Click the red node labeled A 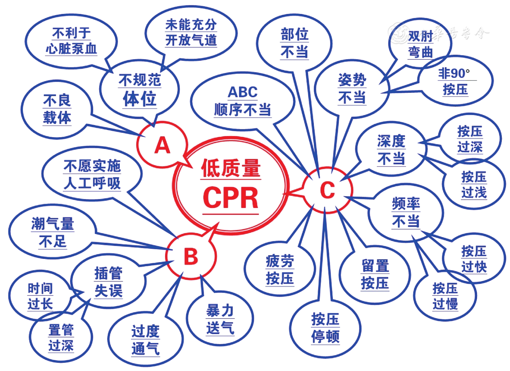[x=162, y=145]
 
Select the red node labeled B [x=191, y=256]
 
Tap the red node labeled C [x=327, y=190]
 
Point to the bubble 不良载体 [x=57, y=109]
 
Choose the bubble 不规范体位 [x=140, y=90]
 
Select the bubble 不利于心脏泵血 [x=71, y=41]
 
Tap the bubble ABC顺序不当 [x=242, y=101]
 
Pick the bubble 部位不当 [x=294, y=43]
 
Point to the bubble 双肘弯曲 [x=421, y=44]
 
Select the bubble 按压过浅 [x=474, y=184]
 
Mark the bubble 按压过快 [x=474, y=259]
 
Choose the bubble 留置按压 [x=375, y=274]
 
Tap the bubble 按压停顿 [x=325, y=328]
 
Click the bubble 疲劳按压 [x=280, y=269]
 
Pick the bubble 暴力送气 [x=220, y=319]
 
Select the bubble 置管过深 [x=61, y=337]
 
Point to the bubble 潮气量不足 [x=53, y=232]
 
